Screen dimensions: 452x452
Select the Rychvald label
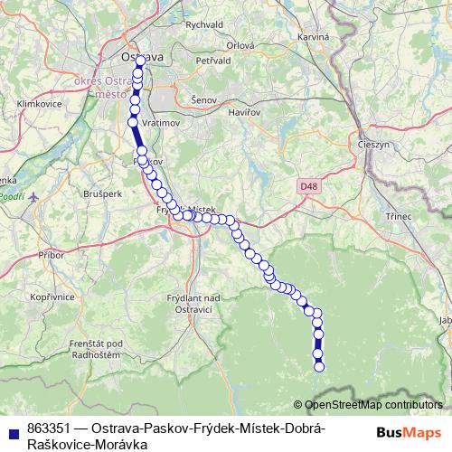click(204, 25)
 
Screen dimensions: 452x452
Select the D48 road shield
click(308, 186)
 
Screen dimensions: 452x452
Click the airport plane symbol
click(34, 195)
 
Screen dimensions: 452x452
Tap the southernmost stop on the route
click(319, 366)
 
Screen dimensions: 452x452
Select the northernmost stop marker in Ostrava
click(139, 61)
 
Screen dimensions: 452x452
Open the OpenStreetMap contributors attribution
click(373, 405)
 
